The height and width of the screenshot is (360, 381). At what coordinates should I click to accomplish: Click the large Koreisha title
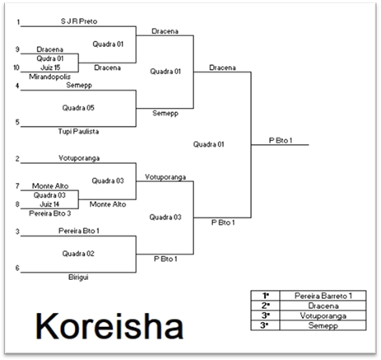[x=109, y=326]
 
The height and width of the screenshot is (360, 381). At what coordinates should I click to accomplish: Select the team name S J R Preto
[x=79, y=21]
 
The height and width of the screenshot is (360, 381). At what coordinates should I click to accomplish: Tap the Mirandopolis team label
[x=49, y=77]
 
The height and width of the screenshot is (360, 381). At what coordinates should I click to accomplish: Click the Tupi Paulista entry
[x=78, y=131]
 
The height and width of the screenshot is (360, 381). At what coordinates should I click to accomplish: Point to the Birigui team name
[x=78, y=278]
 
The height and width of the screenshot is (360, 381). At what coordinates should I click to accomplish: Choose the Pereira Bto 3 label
[x=50, y=213]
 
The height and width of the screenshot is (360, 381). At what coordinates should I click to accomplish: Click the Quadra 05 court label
[x=78, y=108]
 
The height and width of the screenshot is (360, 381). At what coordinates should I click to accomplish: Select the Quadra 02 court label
[x=78, y=254]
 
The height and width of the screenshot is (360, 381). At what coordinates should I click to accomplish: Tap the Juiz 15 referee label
[x=50, y=68]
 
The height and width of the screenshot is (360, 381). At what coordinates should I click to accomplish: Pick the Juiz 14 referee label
[x=49, y=204]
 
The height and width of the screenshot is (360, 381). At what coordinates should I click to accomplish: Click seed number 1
[x=18, y=21]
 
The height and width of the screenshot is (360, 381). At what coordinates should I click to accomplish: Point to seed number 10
[x=16, y=68]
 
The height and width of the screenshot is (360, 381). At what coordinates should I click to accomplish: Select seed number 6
[x=17, y=268]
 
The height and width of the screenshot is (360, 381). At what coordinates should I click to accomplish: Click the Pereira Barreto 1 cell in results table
[x=323, y=296]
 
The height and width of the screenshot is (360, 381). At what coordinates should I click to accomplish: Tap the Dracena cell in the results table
[x=323, y=306]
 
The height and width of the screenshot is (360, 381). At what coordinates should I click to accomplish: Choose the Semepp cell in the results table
[x=323, y=325]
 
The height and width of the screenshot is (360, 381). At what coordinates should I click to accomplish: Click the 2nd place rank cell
[x=265, y=306]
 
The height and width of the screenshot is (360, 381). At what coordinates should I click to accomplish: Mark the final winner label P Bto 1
[x=281, y=140]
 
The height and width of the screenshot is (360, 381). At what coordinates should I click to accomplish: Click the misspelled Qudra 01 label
[x=50, y=58]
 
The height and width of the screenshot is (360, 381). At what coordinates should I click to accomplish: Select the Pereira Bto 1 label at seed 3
[x=79, y=231]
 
